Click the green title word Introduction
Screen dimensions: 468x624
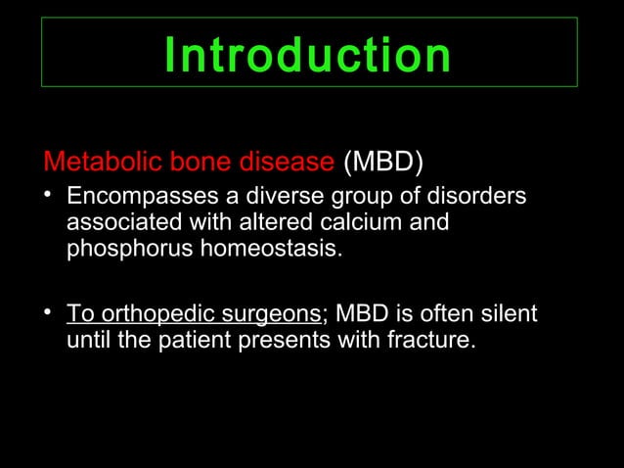(307, 55)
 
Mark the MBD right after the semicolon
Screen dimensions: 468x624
(361, 316)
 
